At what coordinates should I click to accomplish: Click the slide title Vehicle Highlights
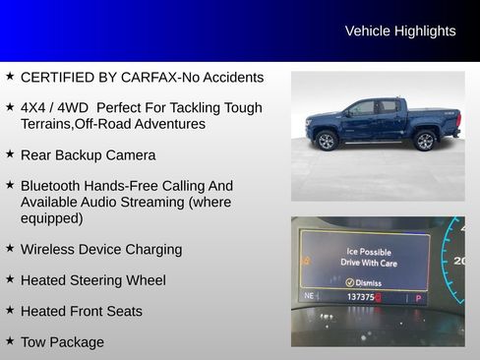pyautogui.click(x=400, y=31)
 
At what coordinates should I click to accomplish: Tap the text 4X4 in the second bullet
pyautogui.click(x=35, y=107)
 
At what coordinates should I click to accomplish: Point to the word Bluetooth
pyautogui.click(x=53, y=186)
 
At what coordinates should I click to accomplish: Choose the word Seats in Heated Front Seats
pyautogui.click(x=123, y=312)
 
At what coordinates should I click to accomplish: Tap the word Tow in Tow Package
pyautogui.click(x=32, y=342)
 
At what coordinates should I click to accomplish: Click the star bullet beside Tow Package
pyautogui.click(x=10, y=340)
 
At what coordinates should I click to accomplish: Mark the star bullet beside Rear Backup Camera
pyautogui.click(x=10, y=153)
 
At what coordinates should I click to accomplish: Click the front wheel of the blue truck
pyautogui.click(x=326, y=141)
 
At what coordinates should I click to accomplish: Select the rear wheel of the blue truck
pyautogui.click(x=426, y=141)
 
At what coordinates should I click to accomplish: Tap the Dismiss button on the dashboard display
pyautogui.click(x=364, y=281)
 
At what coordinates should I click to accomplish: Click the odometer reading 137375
pyautogui.click(x=363, y=297)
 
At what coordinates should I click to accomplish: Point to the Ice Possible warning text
pyautogui.click(x=366, y=252)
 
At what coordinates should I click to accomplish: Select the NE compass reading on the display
pyautogui.click(x=310, y=296)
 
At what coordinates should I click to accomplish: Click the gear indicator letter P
pyautogui.click(x=418, y=297)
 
